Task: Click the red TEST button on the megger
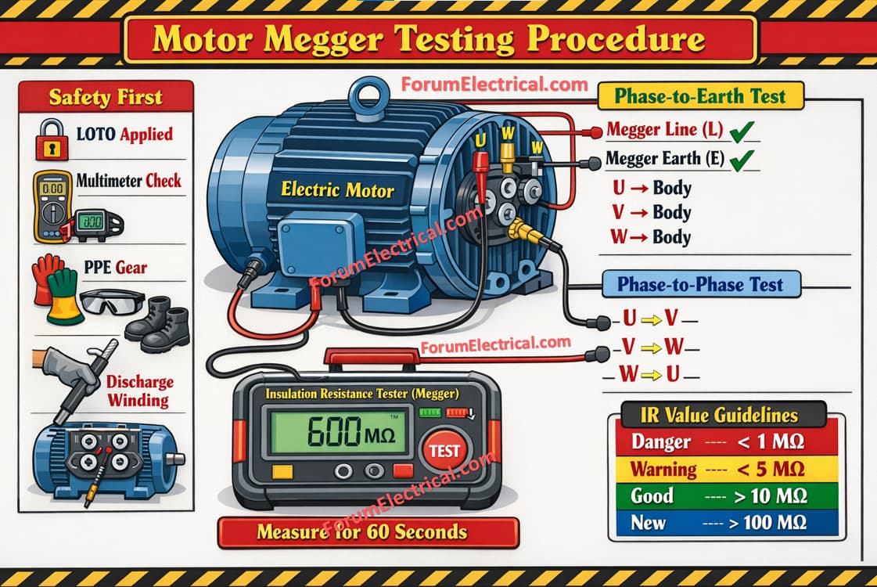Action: click(x=444, y=450)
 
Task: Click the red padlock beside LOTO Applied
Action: click(x=52, y=140)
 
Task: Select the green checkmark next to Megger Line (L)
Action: click(x=742, y=131)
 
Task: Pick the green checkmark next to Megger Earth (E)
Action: click(x=742, y=160)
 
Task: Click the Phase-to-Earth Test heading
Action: click(x=700, y=96)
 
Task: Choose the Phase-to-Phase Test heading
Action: click(x=700, y=284)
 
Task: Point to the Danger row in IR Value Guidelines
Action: click(x=727, y=442)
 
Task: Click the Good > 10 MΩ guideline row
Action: click(x=727, y=495)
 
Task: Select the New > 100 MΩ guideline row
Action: click(x=727, y=523)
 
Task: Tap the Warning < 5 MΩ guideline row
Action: click(x=727, y=469)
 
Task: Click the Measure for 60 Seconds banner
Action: click(x=368, y=532)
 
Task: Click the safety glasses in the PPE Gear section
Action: click(x=113, y=302)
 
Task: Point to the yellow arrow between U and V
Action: click(x=651, y=320)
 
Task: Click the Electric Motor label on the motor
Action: click(x=337, y=189)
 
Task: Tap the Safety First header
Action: click(x=106, y=97)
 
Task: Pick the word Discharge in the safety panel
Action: click(x=140, y=382)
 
